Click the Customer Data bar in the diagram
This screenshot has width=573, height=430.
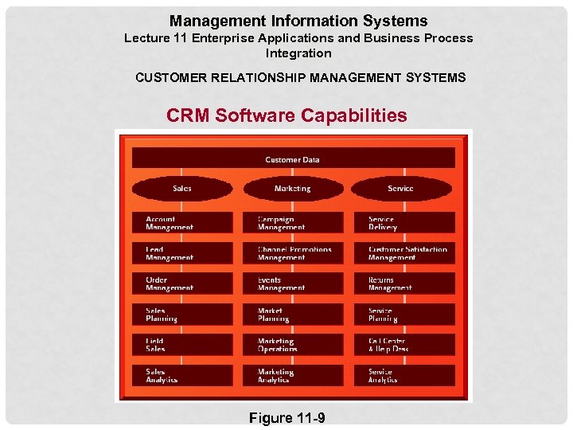(x=293, y=158)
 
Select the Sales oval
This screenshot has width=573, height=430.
(x=182, y=189)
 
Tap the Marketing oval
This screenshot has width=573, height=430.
(x=293, y=189)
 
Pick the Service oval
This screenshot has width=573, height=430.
(x=400, y=189)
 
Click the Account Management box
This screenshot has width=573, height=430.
(x=182, y=223)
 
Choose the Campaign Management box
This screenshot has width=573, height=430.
(x=293, y=223)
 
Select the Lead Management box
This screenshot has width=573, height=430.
(x=182, y=253)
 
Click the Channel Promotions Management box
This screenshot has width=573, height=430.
(x=293, y=253)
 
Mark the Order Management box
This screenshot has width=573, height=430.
(x=182, y=283)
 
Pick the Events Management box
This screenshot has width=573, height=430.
(x=293, y=283)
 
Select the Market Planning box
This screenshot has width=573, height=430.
(x=293, y=315)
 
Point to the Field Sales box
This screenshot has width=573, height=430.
(x=182, y=345)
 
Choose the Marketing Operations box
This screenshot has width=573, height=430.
(x=293, y=345)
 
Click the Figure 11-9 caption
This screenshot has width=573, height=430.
(x=286, y=418)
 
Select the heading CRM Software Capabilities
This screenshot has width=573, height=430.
(x=286, y=115)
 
